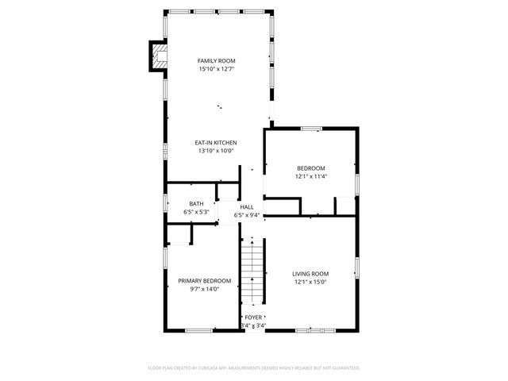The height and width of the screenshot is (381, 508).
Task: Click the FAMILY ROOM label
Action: pyautogui.click(x=217, y=61)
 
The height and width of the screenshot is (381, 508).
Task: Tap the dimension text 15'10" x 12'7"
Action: pyautogui.click(x=217, y=70)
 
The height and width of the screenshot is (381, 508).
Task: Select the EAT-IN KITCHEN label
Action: pyautogui.click(x=217, y=143)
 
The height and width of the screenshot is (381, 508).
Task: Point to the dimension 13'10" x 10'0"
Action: pyautogui.click(x=217, y=152)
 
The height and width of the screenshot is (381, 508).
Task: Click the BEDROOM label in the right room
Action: pyautogui.click(x=311, y=168)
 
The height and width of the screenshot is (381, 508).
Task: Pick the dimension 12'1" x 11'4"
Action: pyautogui.click(x=311, y=177)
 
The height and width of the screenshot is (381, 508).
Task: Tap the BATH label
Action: pyautogui.click(x=196, y=204)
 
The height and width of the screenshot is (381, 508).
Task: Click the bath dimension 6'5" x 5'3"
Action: pyautogui.click(x=196, y=213)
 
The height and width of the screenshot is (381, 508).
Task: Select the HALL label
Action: pyautogui.click(x=247, y=206)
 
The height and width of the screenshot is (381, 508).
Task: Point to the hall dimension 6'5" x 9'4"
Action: pyautogui.click(x=247, y=215)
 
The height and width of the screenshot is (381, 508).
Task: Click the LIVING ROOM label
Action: pyautogui.click(x=311, y=273)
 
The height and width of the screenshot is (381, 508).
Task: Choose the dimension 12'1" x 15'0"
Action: pyautogui.click(x=311, y=282)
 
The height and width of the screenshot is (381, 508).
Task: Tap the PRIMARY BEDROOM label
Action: pyautogui.click(x=205, y=281)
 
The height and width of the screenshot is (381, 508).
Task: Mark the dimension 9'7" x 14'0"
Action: pyautogui.click(x=205, y=290)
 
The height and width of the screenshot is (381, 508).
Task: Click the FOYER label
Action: pyautogui.click(x=253, y=317)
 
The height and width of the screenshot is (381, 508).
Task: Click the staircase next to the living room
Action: pyautogui.click(x=252, y=274)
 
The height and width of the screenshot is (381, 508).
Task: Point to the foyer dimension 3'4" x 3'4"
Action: pyautogui.click(x=253, y=325)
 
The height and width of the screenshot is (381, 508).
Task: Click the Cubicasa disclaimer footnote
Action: pyautogui.click(x=254, y=368)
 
